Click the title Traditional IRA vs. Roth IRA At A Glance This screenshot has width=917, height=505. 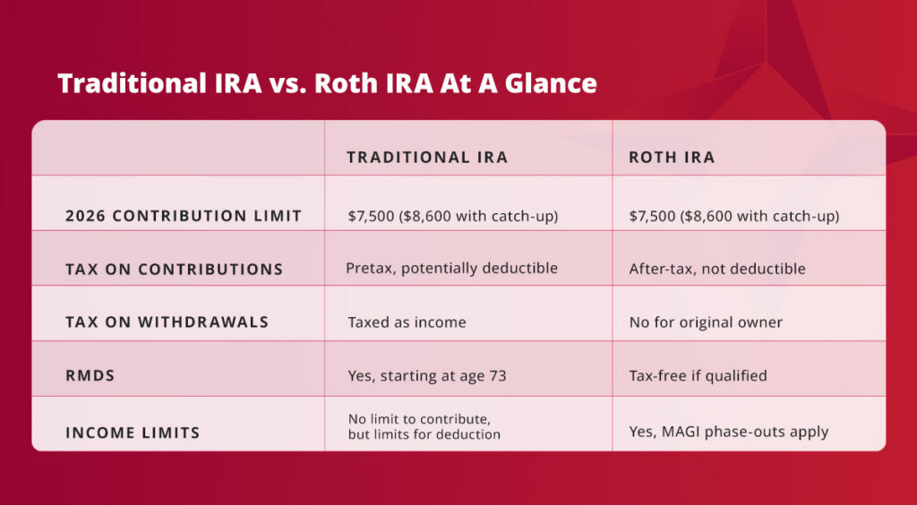point(327,83)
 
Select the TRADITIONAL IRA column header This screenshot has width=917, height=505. point(427,158)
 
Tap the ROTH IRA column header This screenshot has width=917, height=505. point(672,158)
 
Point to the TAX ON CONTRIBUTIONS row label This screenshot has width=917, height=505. point(175,269)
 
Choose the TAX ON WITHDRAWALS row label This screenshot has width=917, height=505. point(167,322)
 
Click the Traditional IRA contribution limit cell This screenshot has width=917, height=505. point(453,217)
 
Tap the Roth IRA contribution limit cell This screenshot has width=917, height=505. point(733,217)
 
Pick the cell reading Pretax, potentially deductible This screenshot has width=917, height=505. point(452,269)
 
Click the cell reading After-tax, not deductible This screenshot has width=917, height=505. point(717,269)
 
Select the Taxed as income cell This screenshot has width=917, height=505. point(407,322)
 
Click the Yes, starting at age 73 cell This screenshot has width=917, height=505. point(427,376)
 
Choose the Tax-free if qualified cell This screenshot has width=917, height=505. point(698,376)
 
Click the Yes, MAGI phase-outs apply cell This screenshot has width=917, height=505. point(729,432)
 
